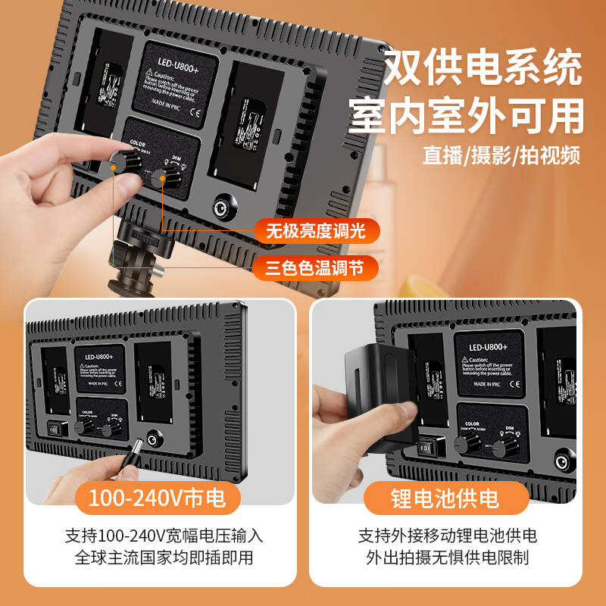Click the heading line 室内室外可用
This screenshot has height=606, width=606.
[x=467, y=117]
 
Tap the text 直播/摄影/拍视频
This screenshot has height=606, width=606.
[x=501, y=156]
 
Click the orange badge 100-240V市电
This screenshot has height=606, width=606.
[x=158, y=498]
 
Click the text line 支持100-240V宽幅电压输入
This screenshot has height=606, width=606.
[x=158, y=536]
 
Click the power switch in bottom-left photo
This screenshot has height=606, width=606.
[x=55, y=427]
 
